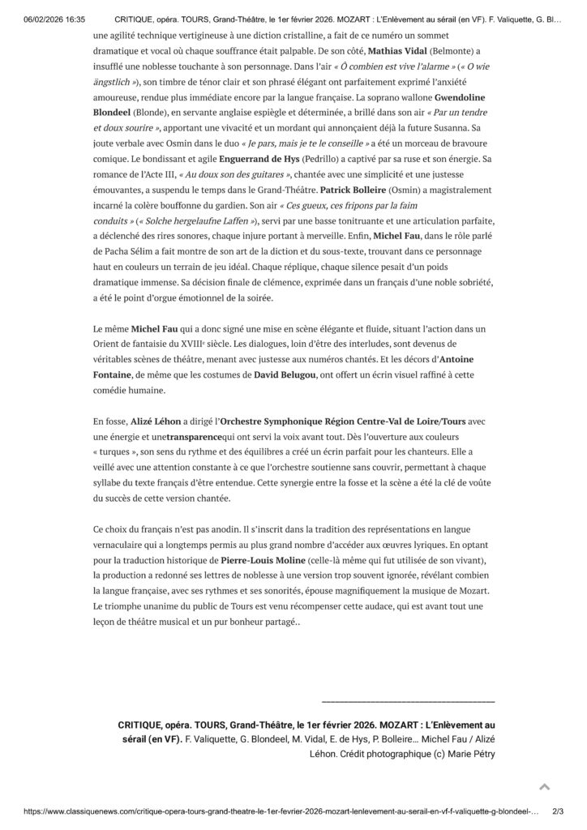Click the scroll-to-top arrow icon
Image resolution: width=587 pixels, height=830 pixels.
click(x=545, y=786)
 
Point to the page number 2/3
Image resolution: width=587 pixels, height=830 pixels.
click(x=557, y=811)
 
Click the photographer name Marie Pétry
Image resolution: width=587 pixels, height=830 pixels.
click(x=465, y=753)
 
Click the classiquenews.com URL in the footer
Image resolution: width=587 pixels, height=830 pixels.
click(x=268, y=811)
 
